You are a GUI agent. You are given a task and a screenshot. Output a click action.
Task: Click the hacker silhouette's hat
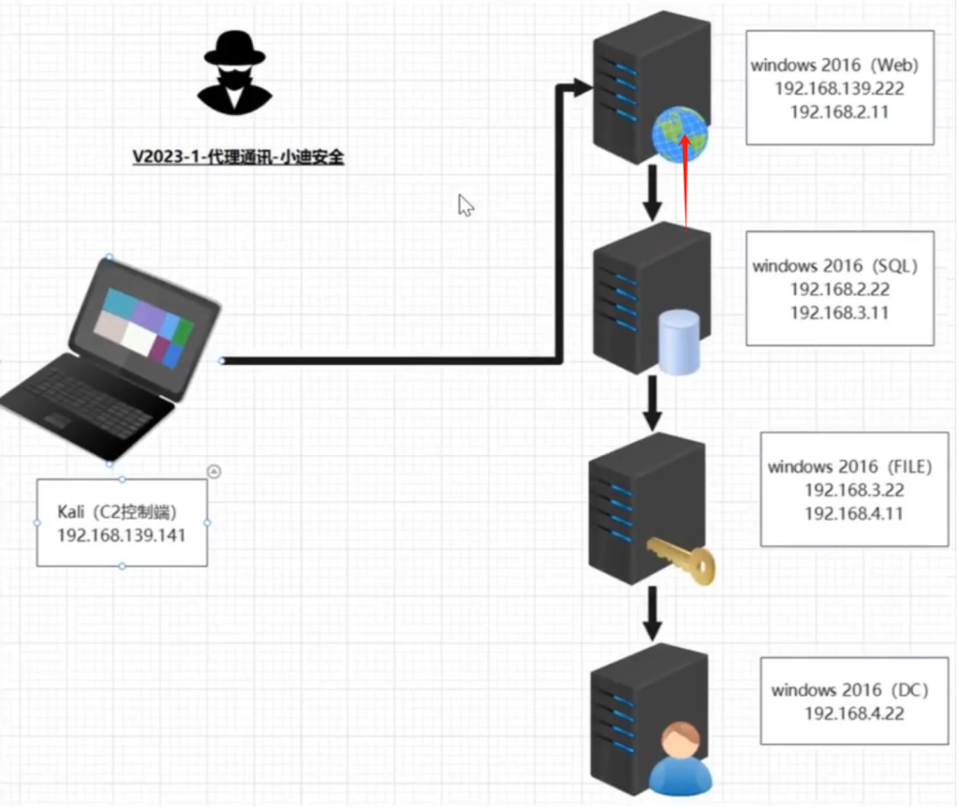tap(235, 49)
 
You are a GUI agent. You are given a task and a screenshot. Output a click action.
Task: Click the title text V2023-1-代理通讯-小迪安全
tap(239, 157)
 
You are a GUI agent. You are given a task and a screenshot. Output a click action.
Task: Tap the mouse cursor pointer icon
tap(466, 205)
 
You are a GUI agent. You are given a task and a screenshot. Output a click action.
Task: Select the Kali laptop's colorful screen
tap(143, 327)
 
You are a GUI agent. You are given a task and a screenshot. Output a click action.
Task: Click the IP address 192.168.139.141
tap(122, 536)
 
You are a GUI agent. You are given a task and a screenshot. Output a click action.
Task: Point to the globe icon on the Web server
tap(680, 134)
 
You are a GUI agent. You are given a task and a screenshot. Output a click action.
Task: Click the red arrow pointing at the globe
tap(686, 184)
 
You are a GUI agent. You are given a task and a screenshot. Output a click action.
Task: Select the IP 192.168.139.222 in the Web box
tap(839, 89)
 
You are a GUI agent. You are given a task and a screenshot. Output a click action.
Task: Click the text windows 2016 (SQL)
tap(834, 266)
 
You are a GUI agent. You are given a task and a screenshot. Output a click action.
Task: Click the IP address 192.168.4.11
tap(854, 514)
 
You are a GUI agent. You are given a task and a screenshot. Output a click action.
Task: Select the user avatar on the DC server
tap(680, 758)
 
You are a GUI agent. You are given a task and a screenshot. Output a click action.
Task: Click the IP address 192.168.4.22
tap(854, 713)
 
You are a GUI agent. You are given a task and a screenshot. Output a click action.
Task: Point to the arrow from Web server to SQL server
tap(653, 193)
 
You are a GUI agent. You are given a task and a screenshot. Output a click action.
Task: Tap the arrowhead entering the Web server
tap(582, 87)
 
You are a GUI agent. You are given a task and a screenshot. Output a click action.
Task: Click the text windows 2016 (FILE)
tap(850, 467)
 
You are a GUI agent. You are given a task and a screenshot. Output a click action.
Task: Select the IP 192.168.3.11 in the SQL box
tap(839, 313)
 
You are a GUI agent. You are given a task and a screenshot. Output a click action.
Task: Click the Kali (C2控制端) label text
tap(117, 512)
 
